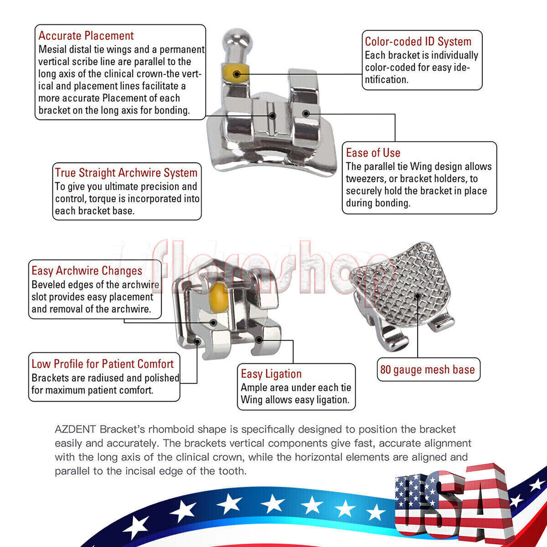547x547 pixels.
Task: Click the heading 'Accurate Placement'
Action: click(x=86, y=36)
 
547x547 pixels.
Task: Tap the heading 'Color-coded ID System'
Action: click(x=418, y=41)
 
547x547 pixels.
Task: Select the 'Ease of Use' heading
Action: click(x=373, y=153)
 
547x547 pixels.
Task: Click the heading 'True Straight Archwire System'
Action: click(x=126, y=173)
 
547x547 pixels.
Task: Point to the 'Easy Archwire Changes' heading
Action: click(x=87, y=270)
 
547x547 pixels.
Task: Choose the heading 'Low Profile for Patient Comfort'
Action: click(x=103, y=364)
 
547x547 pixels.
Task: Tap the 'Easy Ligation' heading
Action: click(x=271, y=374)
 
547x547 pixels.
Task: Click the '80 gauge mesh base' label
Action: click(x=428, y=370)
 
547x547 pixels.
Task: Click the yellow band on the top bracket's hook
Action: click(x=236, y=74)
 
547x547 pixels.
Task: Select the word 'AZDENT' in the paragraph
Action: click(x=76, y=429)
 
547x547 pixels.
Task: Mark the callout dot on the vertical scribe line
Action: click(x=273, y=116)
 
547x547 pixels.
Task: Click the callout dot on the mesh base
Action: click(x=417, y=296)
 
